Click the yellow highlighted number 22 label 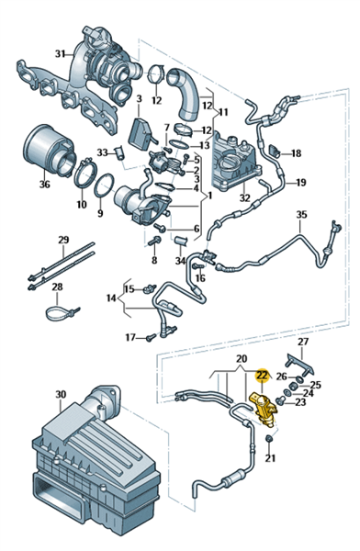point(263,375)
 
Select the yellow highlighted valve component point(263,410)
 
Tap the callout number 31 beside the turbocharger point(61,54)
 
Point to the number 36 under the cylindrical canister point(45,184)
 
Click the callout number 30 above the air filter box point(61,395)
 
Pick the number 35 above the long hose point(301,214)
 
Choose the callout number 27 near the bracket point(303,342)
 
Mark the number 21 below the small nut point(270,458)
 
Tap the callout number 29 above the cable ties point(63,240)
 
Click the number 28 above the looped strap point(57,287)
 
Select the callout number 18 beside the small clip point(297,153)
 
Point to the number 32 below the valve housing point(244,197)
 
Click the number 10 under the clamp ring point(81,204)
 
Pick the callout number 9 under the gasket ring point(100,213)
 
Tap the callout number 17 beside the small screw point(130,337)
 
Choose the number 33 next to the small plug point(103,152)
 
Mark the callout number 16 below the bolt point(200,278)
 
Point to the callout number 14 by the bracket point(111,298)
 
